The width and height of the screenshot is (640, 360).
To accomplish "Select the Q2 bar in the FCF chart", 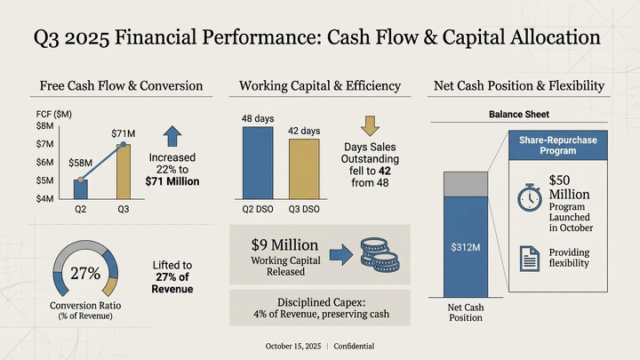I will [81, 188].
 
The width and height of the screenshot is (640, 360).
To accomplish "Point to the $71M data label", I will [123, 133].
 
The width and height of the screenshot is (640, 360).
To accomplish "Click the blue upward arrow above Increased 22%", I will [172, 134].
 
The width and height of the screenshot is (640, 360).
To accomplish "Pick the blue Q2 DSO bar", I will [258, 163].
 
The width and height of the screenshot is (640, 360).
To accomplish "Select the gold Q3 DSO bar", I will [304, 169].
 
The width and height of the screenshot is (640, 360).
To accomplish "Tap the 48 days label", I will [258, 119].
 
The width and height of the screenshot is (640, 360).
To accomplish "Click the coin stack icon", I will [376, 255].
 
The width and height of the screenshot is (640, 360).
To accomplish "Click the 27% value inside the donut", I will [85, 273].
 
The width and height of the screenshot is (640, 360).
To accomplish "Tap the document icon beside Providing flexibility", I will [528, 258].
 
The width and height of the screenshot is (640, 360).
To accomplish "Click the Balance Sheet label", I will [518, 114].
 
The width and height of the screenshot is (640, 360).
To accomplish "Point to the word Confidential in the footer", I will [354, 346].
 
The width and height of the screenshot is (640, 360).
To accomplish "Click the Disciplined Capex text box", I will [320, 307].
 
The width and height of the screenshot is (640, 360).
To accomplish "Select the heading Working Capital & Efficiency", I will [320, 86].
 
